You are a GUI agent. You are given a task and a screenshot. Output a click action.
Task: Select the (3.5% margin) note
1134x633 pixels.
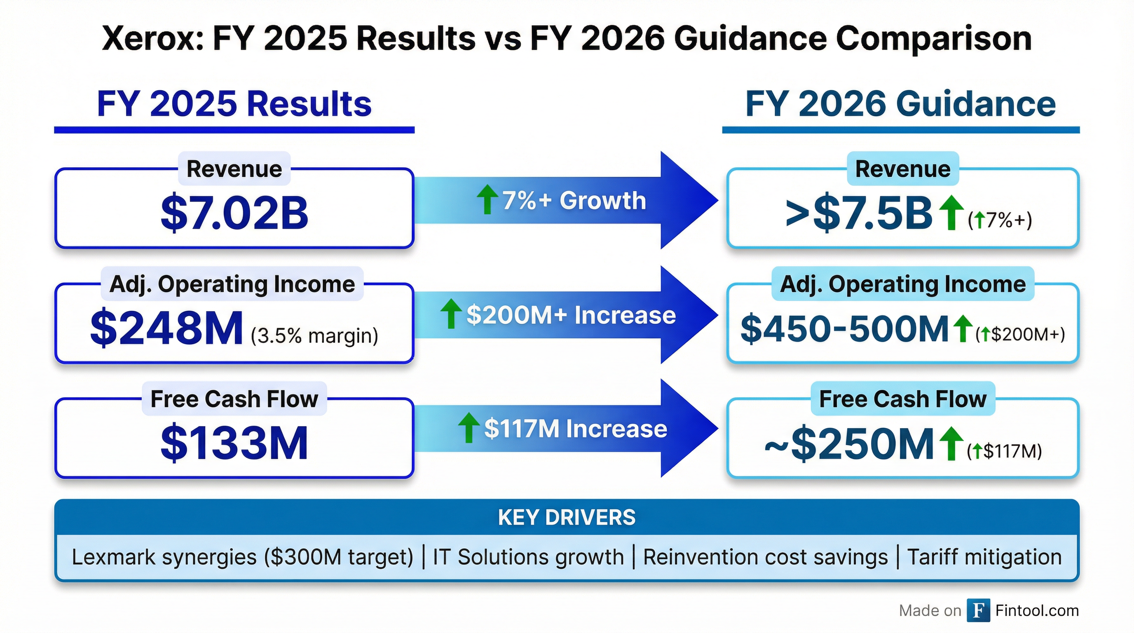tap(314, 336)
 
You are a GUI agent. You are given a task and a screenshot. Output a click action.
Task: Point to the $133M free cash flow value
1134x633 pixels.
tap(234, 443)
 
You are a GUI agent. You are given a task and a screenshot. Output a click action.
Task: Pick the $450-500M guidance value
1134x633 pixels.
tap(844, 329)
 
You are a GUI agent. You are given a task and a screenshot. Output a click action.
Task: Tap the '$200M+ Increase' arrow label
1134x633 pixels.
tap(571, 315)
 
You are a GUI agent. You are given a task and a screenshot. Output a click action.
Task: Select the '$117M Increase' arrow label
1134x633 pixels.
tap(575, 429)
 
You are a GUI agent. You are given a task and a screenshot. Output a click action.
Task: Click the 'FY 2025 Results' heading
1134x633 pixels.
tap(234, 104)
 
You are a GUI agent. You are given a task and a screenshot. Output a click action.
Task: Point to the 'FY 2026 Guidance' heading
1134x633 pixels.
tap(900, 104)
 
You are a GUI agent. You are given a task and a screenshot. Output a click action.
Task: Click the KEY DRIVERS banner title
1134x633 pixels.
tap(567, 518)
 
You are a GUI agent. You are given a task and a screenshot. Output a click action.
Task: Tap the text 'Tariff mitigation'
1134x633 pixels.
tap(984, 557)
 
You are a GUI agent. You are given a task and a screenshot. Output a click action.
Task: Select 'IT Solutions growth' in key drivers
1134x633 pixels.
tap(528, 557)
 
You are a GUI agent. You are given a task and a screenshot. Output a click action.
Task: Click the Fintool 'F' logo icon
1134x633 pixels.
tap(978, 611)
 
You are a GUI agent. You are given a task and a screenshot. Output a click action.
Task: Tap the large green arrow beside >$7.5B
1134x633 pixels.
tap(951, 213)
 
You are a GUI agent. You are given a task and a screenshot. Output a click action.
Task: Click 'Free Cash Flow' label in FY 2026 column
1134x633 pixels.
tap(902, 399)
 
